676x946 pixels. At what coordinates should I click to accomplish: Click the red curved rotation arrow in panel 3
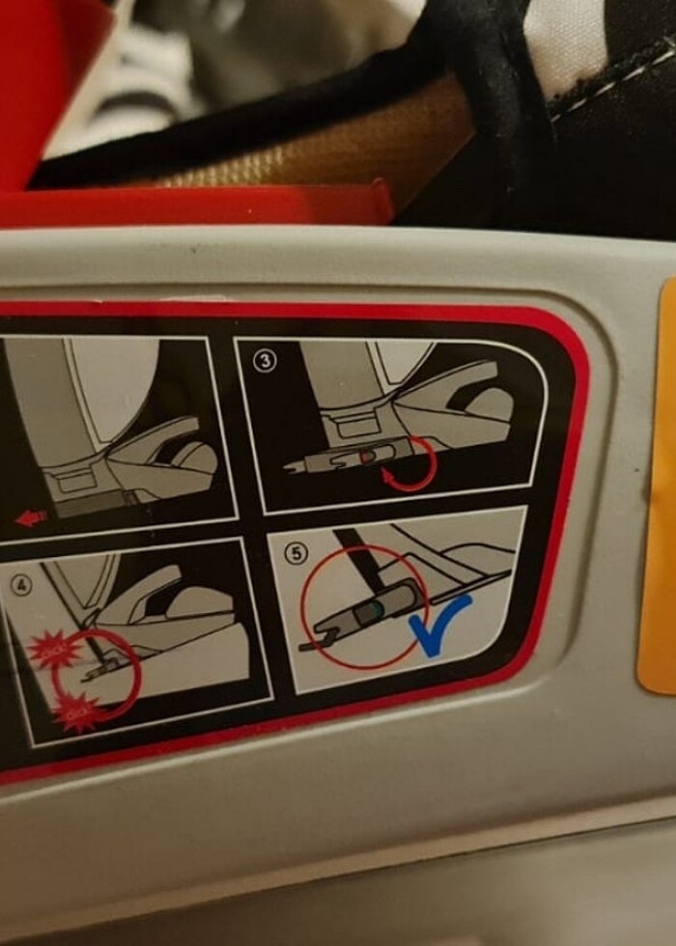pyautogui.click(x=411, y=464)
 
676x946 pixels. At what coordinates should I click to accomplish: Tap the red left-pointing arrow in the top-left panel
pyautogui.click(x=32, y=519)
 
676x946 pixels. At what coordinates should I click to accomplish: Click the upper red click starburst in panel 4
pyautogui.click(x=48, y=650)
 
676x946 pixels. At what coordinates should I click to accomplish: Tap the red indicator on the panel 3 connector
pyautogui.click(x=368, y=455)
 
